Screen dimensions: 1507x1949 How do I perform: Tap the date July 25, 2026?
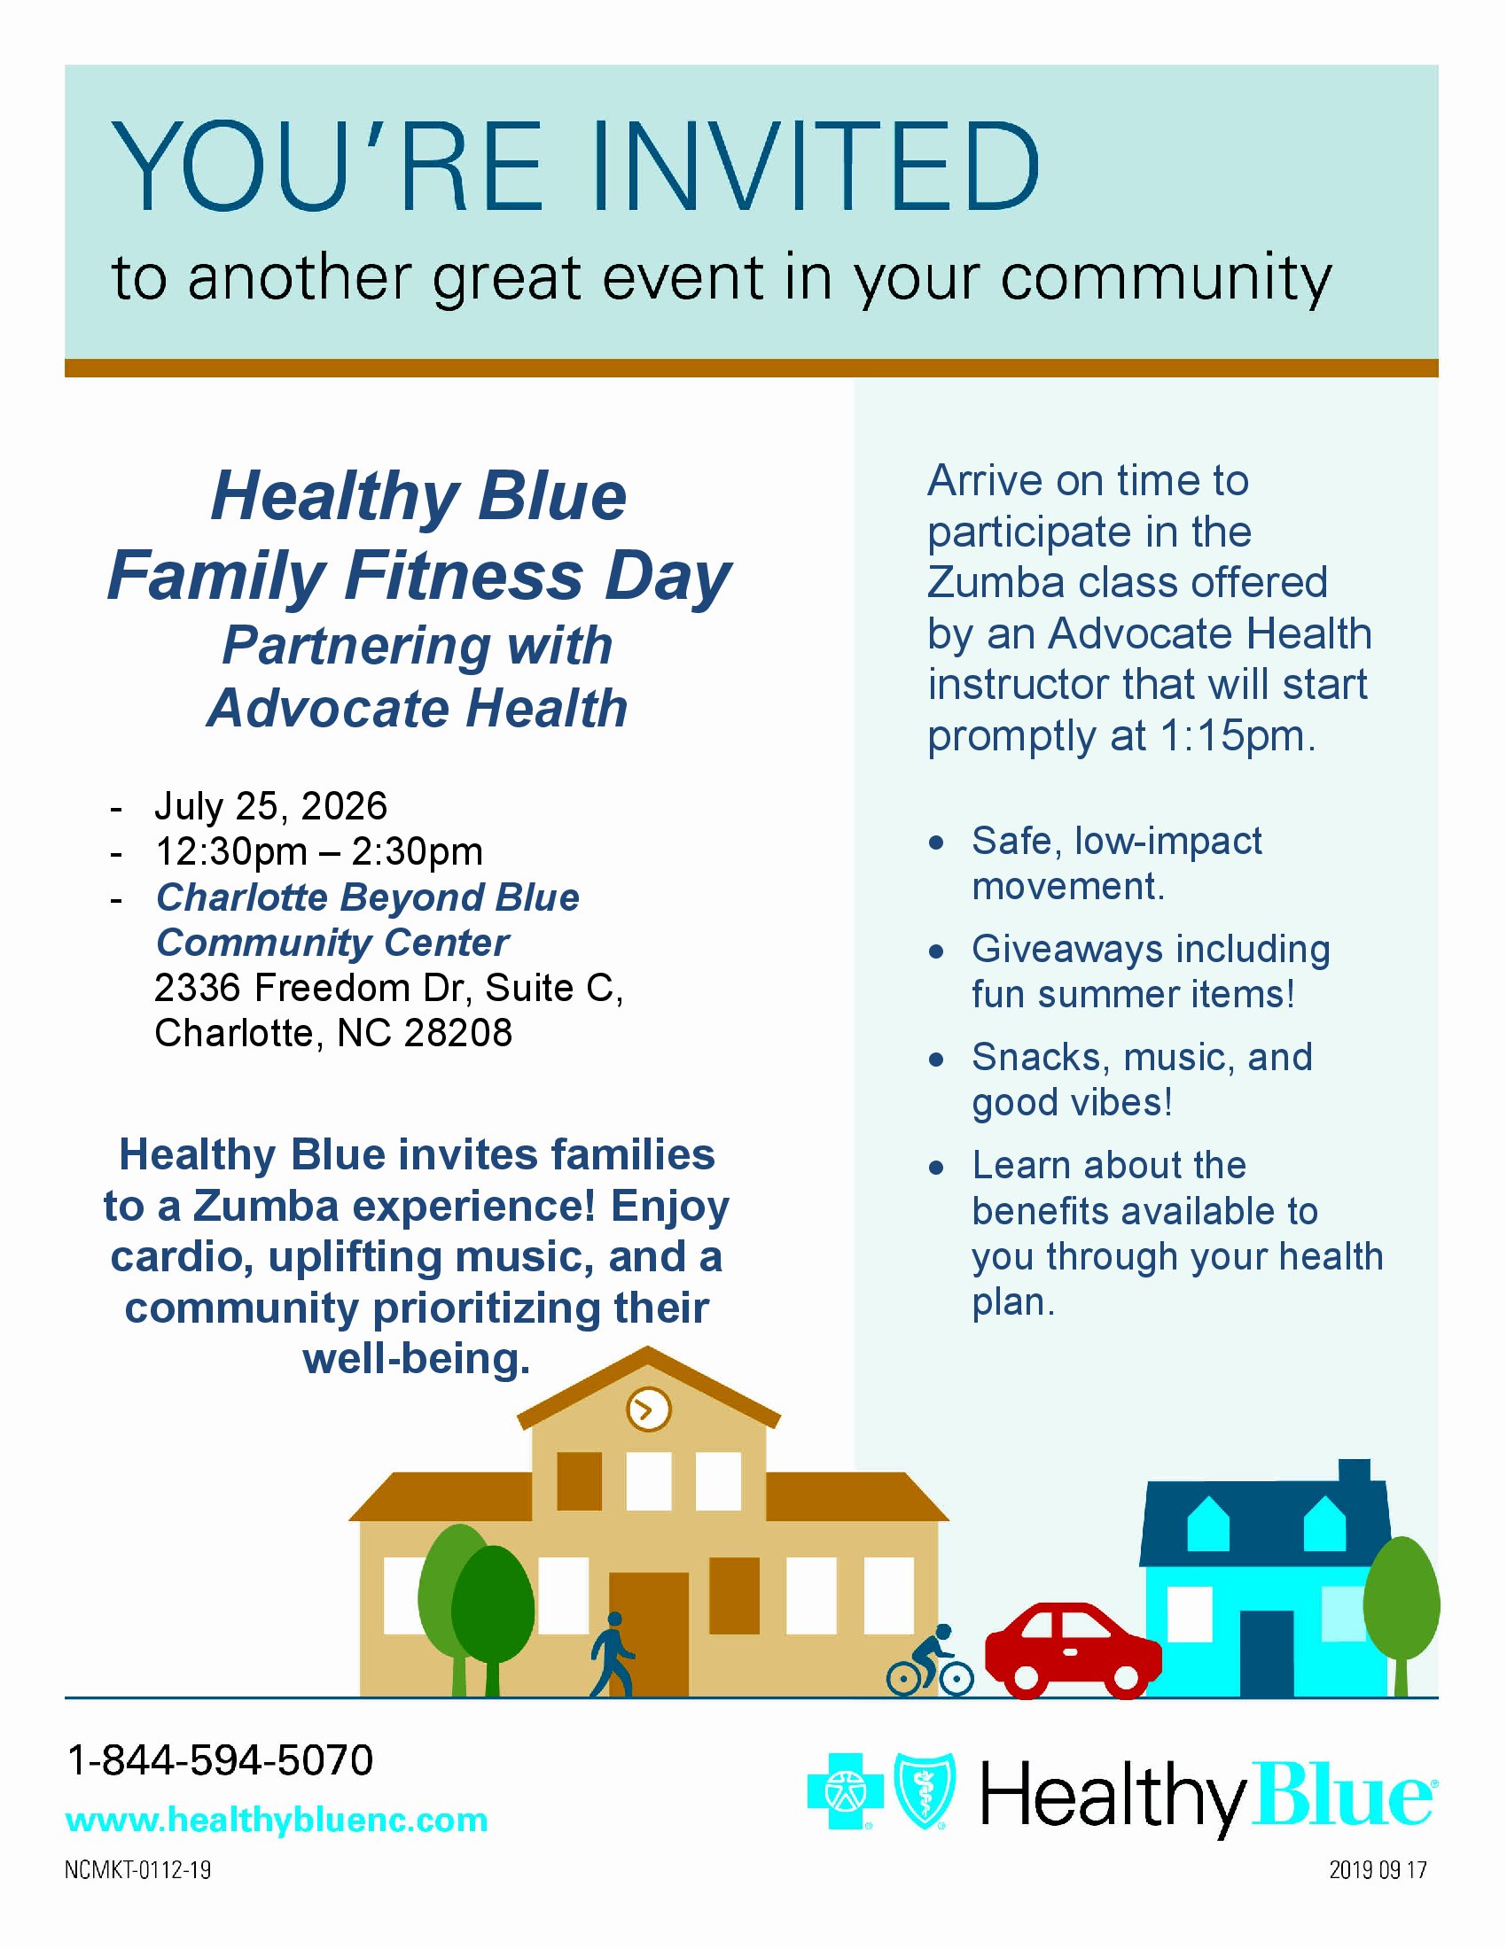point(270,806)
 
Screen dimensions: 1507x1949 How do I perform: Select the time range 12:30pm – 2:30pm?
point(319,851)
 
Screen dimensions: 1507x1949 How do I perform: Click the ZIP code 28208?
point(458,1032)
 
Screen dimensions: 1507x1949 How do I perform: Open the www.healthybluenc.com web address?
point(277,1820)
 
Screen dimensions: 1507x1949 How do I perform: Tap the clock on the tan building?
point(649,1409)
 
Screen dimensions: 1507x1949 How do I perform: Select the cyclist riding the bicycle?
point(930,1661)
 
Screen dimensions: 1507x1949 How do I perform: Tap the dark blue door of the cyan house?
point(1267,1653)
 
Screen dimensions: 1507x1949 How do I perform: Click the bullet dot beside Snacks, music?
point(936,1060)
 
